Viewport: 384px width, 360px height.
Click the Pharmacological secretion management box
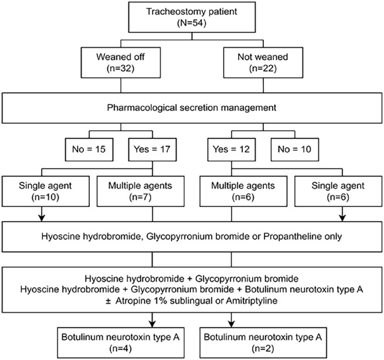(192, 108)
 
